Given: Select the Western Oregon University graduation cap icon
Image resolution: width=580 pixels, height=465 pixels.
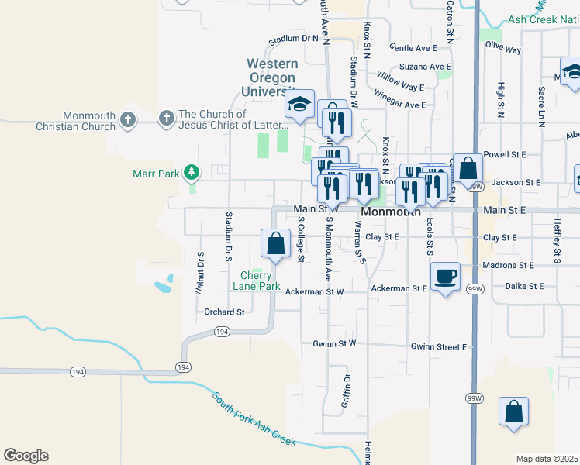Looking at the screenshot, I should point(299,105).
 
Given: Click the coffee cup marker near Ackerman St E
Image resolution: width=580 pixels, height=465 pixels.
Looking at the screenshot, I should point(445,277).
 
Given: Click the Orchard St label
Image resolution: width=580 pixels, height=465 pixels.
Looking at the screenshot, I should point(224,312).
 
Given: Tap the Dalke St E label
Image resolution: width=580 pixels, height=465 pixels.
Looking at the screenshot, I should point(524,286).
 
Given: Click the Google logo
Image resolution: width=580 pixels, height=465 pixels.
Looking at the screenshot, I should point(26,456).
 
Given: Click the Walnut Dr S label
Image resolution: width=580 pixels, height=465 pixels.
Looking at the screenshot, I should point(199,273).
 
